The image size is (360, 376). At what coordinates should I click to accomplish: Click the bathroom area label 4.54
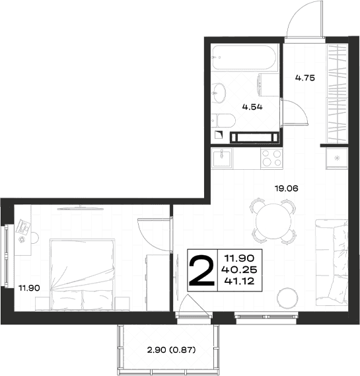(252, 106)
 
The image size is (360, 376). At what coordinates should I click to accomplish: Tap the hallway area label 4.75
(305, 78)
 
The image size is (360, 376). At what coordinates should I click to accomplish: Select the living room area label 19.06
(287, 188)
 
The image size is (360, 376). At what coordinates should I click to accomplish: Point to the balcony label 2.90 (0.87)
(171, 350)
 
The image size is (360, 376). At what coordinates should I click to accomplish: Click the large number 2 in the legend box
(202, 270)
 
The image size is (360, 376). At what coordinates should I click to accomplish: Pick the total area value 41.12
(239, 281)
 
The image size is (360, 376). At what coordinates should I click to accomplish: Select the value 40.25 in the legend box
(239, 270)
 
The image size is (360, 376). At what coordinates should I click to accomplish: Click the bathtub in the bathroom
(244, 57)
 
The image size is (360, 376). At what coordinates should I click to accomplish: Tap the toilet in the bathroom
(223, 121)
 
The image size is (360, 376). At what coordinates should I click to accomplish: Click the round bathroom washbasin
(219, 93)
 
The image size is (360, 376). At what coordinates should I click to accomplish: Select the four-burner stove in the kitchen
(271, 159)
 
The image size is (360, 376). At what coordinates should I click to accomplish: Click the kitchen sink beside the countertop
(222, 158)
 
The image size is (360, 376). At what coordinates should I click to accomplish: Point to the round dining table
(273, 221)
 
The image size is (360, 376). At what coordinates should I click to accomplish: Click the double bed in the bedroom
(82, 275)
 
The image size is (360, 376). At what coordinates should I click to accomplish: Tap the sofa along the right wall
(332, 262)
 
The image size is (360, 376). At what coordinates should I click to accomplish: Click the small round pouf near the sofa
(287, 298)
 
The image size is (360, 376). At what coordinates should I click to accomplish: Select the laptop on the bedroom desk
(23, 227)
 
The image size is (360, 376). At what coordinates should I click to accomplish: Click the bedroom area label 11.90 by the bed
(29, 287)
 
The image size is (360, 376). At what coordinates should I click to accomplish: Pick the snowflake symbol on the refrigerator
(337, 158)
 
